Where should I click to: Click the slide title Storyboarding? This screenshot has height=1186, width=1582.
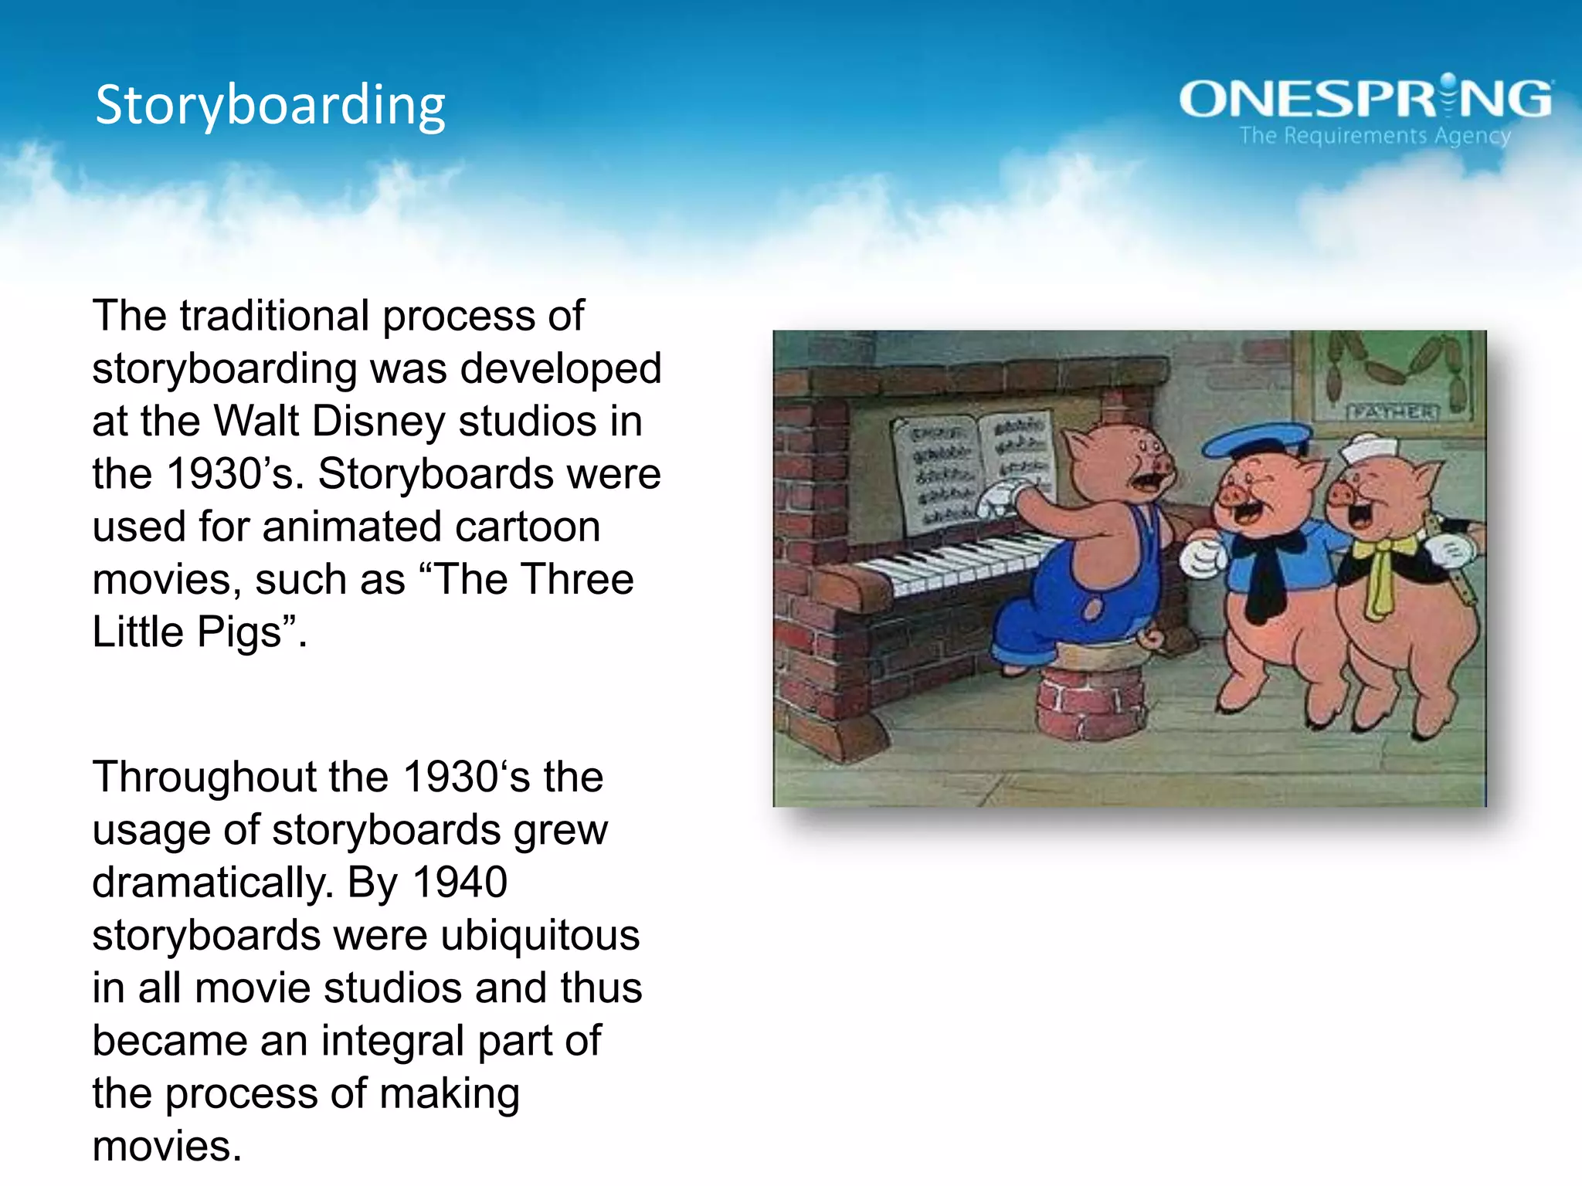click(x=270, y=106)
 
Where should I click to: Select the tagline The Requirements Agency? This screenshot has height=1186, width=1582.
click(x=1375, y=136)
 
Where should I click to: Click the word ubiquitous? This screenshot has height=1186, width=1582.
click(x=540, y=935)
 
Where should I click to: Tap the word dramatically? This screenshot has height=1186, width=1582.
click(x=212, y=883)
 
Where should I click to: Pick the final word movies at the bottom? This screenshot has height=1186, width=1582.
click(x=166, y=1147)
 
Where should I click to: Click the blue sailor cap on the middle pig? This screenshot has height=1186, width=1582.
click(x=1255, y=440)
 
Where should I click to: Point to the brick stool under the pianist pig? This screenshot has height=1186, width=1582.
click(x=1090, y=699)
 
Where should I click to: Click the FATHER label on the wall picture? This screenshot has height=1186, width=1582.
click(x=1393, y=412)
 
